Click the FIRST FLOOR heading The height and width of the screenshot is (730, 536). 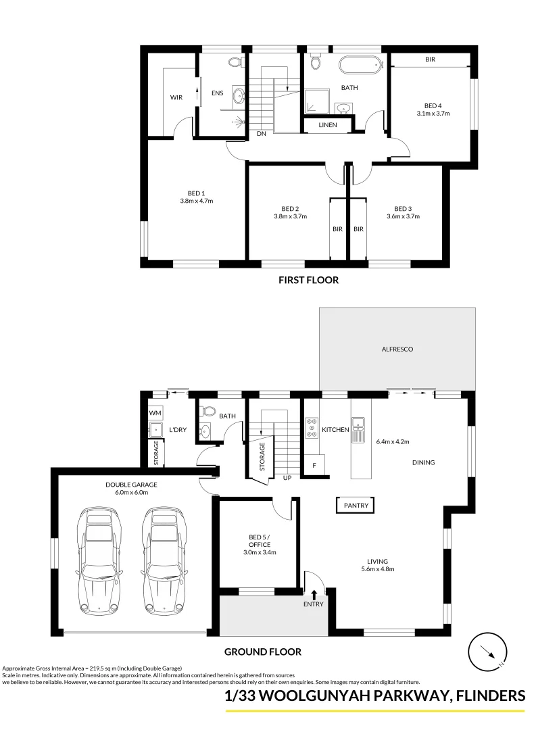coord(308,280)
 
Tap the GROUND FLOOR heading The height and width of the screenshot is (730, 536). coord(263,652)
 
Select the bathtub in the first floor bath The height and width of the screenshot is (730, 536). coord(360,65)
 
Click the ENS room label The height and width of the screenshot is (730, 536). coord(218,93)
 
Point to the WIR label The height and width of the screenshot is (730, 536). coord(176,97)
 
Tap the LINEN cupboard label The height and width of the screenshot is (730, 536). coord(328,125)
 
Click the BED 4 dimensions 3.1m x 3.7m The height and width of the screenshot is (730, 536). coord(433,113)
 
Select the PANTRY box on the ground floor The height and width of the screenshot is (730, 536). coord(356,505)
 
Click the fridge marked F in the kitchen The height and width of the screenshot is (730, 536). coord(315,465)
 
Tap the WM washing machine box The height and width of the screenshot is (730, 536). coord(155,413)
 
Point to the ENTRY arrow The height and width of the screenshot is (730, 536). coord(314,595)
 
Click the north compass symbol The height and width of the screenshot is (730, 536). coord(488,652)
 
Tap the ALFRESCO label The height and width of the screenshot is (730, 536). coord(397,349)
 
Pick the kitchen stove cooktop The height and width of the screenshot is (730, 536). coord(312,428)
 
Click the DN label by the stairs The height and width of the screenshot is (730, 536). coord(262,134)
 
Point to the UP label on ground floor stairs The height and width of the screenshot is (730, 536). coord(287,478)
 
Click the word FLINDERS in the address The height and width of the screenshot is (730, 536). coord(491,696)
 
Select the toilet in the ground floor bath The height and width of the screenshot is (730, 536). coord(208,411)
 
